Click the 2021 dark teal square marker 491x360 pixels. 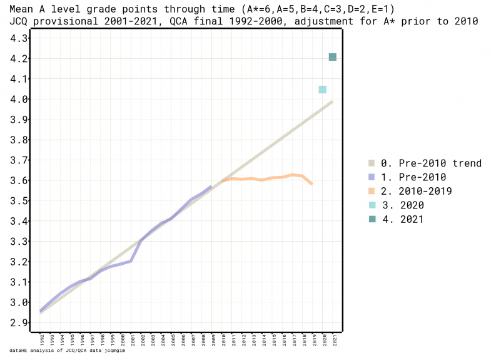click(333, 58)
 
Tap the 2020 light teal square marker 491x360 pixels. click(322, 90)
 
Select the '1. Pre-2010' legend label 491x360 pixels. click(413, 177)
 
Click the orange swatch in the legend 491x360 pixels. click(372, 191)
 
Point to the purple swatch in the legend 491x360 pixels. click(372, 177)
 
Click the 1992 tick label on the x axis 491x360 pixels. click(41, 340)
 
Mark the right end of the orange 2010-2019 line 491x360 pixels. click(311, 183)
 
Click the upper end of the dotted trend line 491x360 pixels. click(332, 101)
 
